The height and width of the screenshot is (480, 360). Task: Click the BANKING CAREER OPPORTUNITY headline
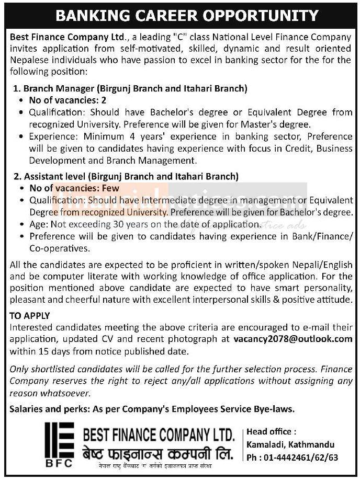[179, 15]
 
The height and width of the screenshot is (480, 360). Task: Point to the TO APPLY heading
[30, 316]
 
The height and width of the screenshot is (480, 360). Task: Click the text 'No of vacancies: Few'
[74, 188]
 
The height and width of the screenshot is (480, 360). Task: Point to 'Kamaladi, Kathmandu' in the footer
[290, 444]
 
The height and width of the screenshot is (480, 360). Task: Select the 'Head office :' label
[272, 432]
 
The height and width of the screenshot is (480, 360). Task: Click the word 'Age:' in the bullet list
[38, 224]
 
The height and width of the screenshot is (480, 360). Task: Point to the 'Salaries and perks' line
[152, 408]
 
